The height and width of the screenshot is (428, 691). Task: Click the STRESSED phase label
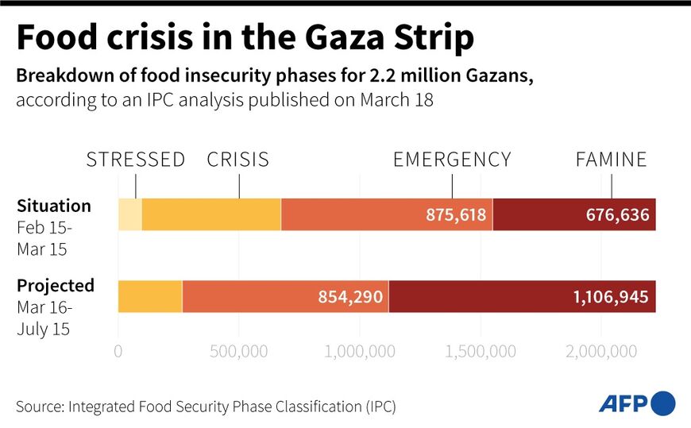coord(136,160)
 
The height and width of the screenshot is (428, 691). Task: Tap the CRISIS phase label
coord(238,160)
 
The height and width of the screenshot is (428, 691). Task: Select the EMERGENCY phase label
coord(452,160)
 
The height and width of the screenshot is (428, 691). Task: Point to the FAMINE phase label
coord(612,160)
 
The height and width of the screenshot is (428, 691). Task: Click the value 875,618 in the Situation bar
coord(455,215)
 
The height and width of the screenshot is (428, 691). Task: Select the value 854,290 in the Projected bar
coord(350,297)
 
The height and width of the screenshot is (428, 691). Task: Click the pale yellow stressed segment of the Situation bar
coord(130,214)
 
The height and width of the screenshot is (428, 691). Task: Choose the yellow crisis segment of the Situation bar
coord(211,214)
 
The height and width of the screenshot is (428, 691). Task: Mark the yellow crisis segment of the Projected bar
coord(150,296)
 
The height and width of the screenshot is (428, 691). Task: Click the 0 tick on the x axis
coord(118,351)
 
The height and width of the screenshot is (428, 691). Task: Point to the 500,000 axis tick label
coord(239,351)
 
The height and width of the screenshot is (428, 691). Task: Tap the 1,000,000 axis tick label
coord(360,351)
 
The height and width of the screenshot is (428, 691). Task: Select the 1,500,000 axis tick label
coord(480,351)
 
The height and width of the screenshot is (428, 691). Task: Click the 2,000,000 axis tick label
coord(600,351)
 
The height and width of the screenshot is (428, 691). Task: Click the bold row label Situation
coord(54,206)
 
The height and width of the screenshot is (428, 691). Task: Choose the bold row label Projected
coord(56,286)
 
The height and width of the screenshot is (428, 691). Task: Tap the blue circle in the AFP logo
coord(663,403)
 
